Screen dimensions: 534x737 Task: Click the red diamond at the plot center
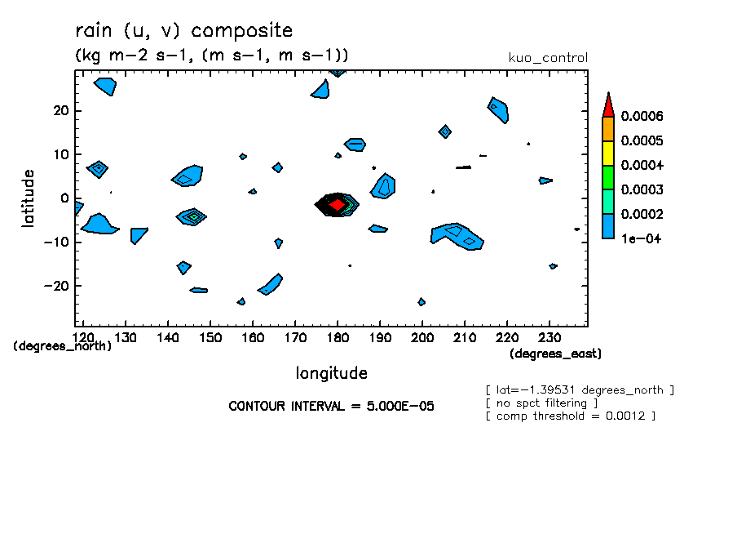[x=337, y=204]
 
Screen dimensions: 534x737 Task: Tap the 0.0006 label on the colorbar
[x=642, y=116]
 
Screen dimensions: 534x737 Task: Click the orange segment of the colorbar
[x=607, y=128]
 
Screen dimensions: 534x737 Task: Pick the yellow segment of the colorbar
[x=607, y=153]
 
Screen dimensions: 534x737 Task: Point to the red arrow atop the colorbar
[x=607, y=105]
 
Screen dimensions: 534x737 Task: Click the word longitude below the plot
[x=331, y=373]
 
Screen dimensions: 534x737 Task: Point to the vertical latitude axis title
[x=29, y=198]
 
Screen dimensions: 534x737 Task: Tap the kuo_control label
[x=547, y=58]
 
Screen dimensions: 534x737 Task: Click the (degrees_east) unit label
[x=555, y=354]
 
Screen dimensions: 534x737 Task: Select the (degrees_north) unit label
[x=63, y=346]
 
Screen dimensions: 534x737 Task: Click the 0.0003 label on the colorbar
[x=642, y=189]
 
